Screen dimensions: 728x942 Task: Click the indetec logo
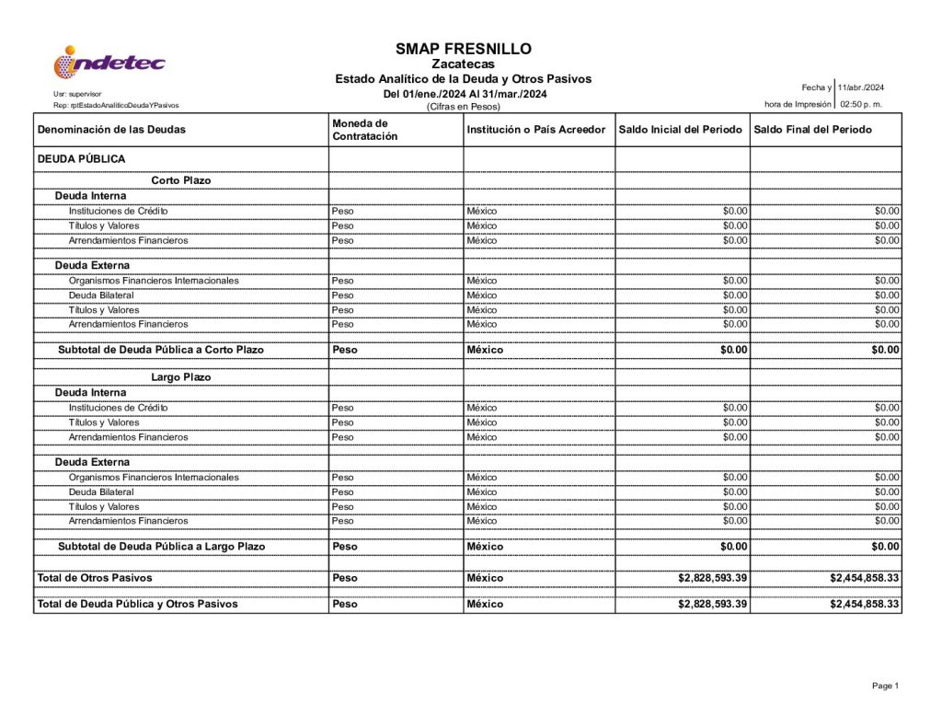click(109, 62)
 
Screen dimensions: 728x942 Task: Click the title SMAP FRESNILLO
click(464, 49)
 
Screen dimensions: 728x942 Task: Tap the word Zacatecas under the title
click(464, 64)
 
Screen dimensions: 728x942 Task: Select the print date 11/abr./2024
click(860, 87)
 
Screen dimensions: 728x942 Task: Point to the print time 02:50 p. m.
click(861, 104)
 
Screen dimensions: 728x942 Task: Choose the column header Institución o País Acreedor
click(535, 130)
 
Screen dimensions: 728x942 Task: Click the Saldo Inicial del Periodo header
click(680, 130)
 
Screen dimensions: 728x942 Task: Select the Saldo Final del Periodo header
click(812, 130)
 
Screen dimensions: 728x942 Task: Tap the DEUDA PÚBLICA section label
click(81, 159)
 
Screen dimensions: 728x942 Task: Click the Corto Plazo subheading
click(180, 180)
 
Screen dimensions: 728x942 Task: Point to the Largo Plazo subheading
click(180, 377)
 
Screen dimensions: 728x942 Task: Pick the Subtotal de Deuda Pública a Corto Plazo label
click(160, 350)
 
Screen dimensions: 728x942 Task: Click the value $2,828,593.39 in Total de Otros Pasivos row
click(712, 578)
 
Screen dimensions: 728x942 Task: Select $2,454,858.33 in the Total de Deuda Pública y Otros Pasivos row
click(864, 605)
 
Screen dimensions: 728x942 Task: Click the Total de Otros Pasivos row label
click(95, 578)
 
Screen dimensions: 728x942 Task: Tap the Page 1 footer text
click(884, 686)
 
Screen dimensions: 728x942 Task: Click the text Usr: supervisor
click(77, 95)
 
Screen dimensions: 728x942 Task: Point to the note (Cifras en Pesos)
click(464, 107)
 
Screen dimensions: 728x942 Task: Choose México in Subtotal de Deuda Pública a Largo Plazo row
click(485, 547)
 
